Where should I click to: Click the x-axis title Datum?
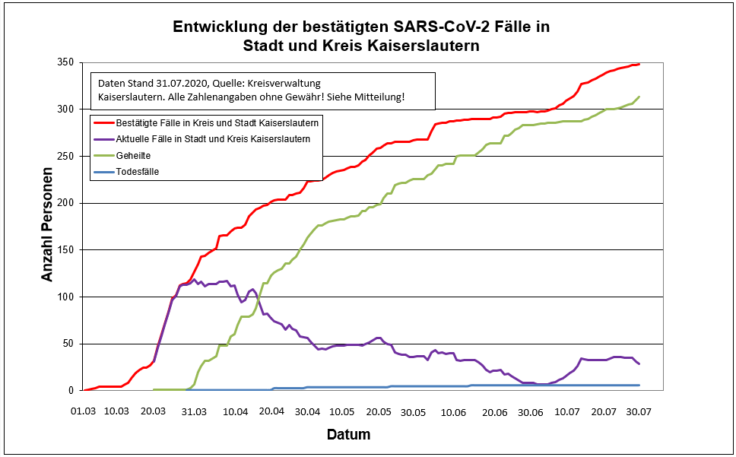[349, 435]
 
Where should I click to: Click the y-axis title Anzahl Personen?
[48, 226]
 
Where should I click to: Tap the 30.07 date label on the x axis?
[638, 411]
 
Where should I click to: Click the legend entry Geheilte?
[132, 155]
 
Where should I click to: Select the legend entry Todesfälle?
[138, 172]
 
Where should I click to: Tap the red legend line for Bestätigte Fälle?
[103, 122]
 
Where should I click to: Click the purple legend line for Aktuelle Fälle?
[103, 138]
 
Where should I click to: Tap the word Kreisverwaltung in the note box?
[306, 83]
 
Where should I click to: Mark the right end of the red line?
[639, 64]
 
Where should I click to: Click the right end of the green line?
[639, 97]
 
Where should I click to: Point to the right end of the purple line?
[639, 363]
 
